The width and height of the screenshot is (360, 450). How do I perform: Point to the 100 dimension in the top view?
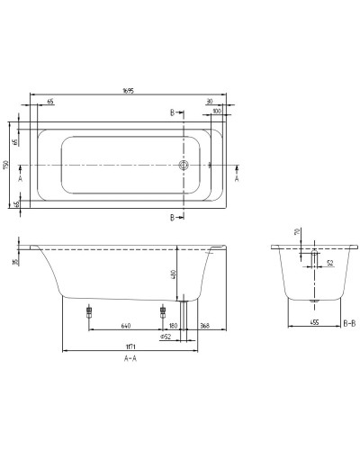click(x=217, y=112)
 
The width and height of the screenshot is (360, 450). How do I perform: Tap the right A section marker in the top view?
click(x=236, y=178)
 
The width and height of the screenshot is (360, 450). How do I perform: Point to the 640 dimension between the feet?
click(x=125, y=327)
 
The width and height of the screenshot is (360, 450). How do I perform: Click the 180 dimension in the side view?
click(x=171, y=327)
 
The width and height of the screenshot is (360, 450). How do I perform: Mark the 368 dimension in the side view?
click(x=205, y=327)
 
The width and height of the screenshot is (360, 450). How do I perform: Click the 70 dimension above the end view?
click(x=299, y=233)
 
